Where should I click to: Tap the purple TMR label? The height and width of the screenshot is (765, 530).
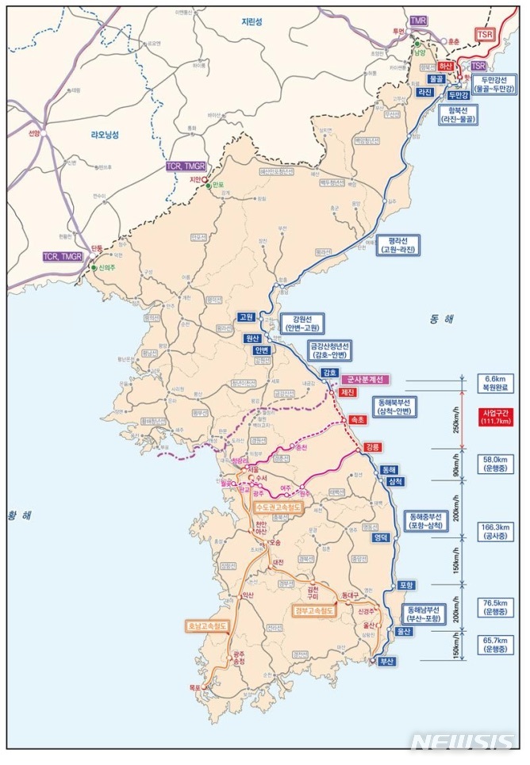coord(418,19)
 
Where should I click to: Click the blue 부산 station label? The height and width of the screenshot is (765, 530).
coord(386,660)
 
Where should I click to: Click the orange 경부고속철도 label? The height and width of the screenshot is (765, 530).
coord(314,611)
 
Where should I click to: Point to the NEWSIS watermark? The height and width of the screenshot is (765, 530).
coord(462,741)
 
